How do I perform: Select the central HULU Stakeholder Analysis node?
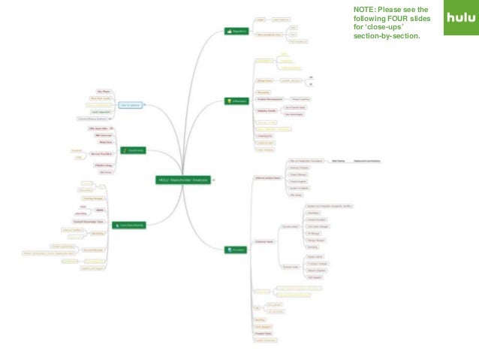coord(182,180)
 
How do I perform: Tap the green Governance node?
coord(134,150)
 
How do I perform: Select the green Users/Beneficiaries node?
coord(128,224)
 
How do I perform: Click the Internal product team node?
coord(267,178)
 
